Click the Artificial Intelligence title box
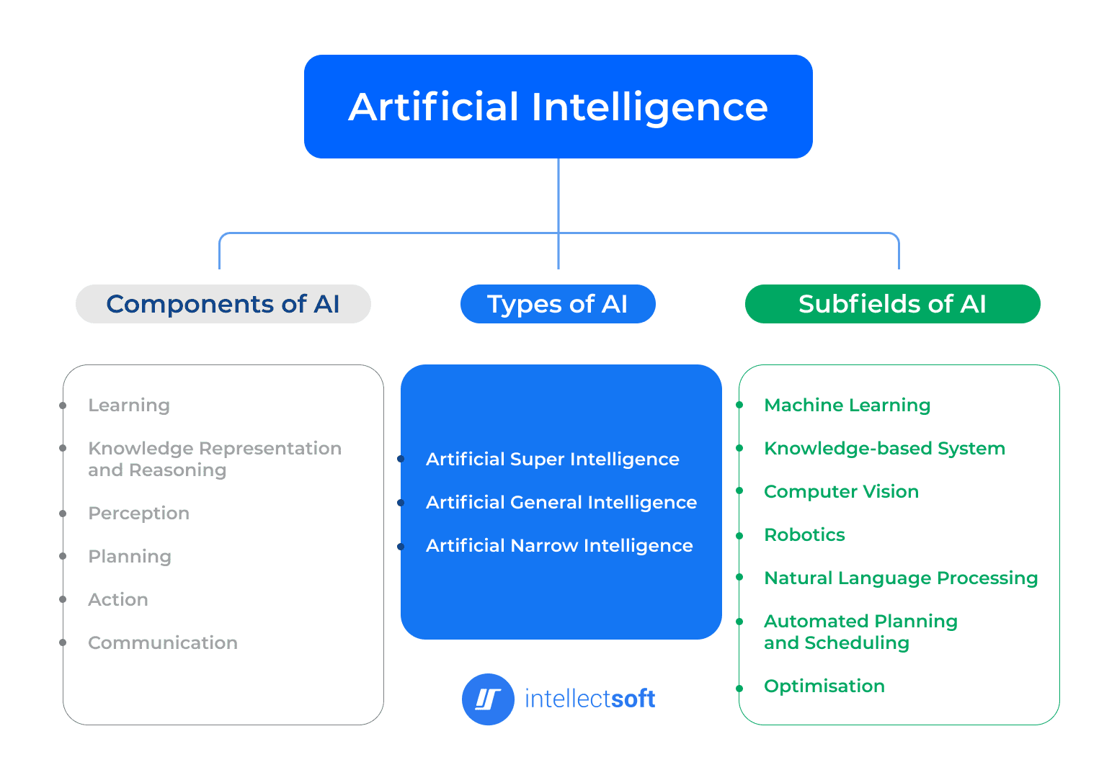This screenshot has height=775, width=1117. [558, 107]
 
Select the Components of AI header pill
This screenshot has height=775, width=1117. [223, 304]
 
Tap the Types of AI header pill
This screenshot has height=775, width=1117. [558, 304]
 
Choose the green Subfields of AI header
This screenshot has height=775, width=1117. [892, 304]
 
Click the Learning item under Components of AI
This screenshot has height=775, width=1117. [129, 406]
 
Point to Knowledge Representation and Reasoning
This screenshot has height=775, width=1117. [214, 459]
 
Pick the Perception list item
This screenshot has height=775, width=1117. [138, 514]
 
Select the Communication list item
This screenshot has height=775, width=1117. [162, 643]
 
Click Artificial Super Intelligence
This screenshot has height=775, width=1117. [552, 460]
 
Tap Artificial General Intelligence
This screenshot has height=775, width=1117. [561, 503]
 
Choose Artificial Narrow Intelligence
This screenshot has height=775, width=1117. [558, 546]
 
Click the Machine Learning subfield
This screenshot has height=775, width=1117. [847, 406]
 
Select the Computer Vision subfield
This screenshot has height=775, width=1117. [841, 492]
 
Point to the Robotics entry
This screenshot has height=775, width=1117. [804, 535]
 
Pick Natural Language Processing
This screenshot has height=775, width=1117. [900, 578]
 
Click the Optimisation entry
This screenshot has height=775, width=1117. [824, 686]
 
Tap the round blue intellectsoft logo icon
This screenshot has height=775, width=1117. [488, 699]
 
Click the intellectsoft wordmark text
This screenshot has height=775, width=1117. [589, 699]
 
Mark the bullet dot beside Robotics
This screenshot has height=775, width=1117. [739, 536]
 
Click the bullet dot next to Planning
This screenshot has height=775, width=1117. [63, 557]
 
